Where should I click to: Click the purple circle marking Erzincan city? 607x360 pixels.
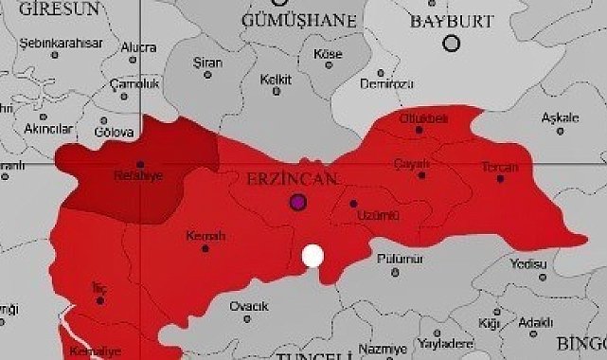click(298, 202)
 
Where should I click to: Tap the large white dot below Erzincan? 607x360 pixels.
click(312, 256)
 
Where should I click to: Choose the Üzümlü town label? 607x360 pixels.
click(372, 215)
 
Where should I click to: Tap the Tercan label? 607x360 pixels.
click(500, 168)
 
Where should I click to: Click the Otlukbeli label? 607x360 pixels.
click(423, 118)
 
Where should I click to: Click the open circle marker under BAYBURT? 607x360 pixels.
click(452, 43)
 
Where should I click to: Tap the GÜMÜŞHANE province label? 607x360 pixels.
click(299, 20)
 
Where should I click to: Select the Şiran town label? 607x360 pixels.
click(208, 63)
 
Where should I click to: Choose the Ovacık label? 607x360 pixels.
click(249, 305)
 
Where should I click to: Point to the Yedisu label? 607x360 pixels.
click(528, 263)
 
